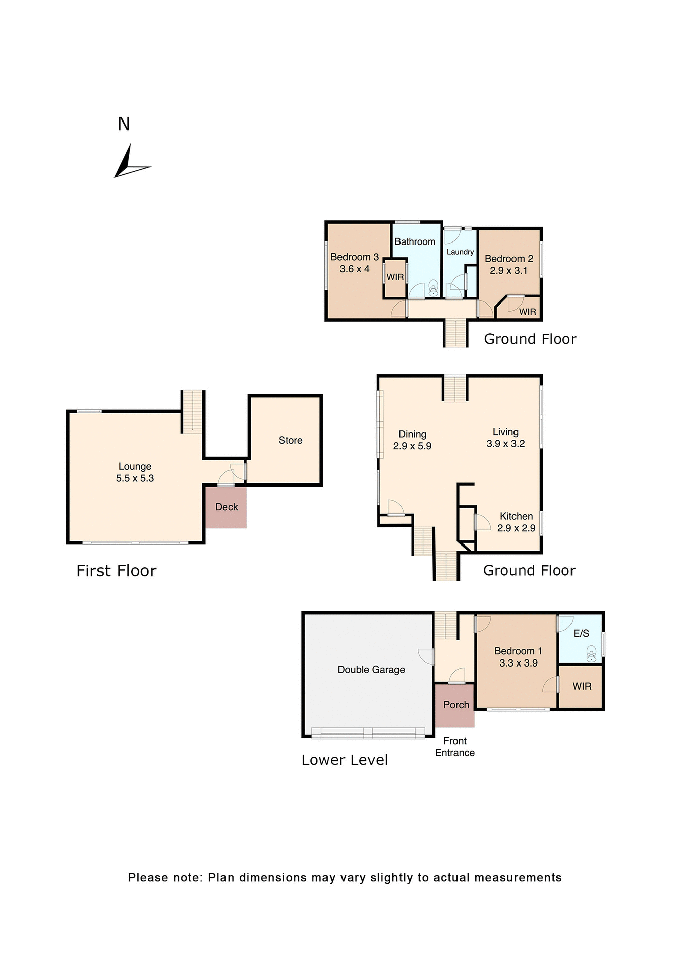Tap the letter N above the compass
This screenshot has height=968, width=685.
[124, 124]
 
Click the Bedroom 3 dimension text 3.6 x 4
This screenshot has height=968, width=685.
[355, 269]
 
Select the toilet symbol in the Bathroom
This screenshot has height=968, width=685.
[433, 288]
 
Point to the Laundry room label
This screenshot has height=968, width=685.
[460, 252]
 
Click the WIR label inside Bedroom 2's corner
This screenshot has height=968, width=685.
[528, 312]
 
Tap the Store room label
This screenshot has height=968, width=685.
[291, 440]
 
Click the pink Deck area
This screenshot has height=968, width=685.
[226, 507]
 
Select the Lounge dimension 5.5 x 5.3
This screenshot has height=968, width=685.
[135, 478]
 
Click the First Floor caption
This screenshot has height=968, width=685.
[117, 571]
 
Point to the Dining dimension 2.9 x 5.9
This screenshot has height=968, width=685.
[412, 446]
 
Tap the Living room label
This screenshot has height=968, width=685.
[505, 432]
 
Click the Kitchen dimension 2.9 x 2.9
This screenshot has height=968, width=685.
[516, 528]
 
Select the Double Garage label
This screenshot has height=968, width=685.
[371, 670]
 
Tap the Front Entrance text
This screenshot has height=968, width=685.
[455, 747]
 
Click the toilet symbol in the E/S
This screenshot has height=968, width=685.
[591, 655]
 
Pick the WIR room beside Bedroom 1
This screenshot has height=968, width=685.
[582, 686]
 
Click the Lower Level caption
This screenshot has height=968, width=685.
[345, 760]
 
